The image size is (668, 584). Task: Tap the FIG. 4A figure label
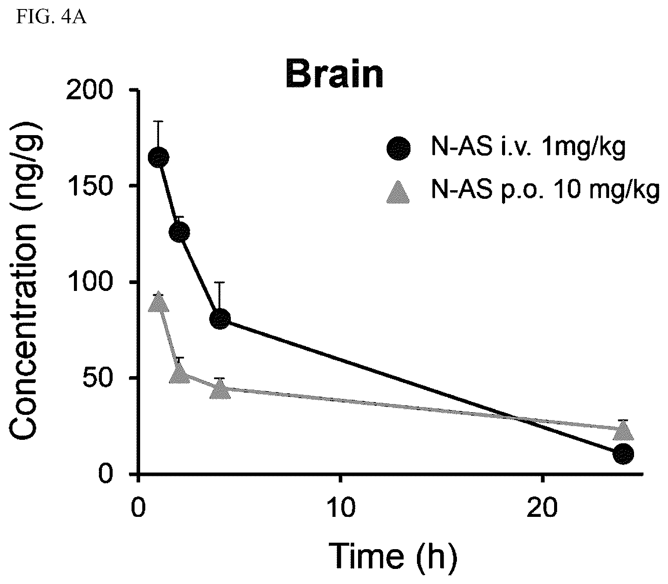51,17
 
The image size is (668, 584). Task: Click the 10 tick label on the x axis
341,508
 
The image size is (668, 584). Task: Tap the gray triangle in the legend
398,192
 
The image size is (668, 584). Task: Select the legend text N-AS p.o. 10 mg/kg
545,191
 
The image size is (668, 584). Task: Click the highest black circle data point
159,158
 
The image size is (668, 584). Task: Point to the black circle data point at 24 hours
623,454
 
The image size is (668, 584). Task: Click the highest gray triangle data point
159,302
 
